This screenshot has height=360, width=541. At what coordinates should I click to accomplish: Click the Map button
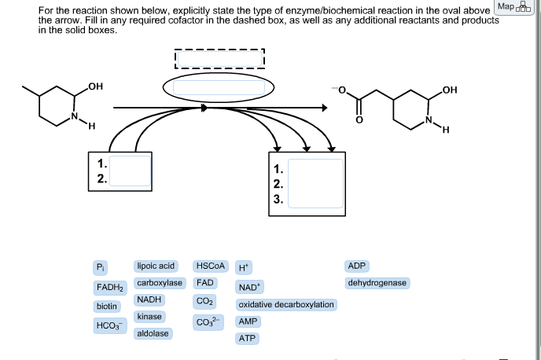513,8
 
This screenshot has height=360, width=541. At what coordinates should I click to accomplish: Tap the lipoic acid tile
156,266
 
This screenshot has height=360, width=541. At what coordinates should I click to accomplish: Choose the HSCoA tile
210,266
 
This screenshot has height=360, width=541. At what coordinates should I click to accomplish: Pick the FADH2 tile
108,287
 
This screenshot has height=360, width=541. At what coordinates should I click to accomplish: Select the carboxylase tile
159,283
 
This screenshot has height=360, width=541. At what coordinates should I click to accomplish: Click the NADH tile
149,300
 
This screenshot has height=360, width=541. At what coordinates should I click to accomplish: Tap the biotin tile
107,306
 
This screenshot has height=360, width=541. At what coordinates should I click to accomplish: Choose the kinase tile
149,317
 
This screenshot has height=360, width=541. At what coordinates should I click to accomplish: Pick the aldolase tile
153,334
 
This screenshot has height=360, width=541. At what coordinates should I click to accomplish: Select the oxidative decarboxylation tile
286,305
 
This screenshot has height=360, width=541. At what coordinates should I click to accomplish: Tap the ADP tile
357,266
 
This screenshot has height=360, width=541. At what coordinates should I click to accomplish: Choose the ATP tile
248,339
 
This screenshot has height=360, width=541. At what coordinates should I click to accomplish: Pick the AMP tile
248,322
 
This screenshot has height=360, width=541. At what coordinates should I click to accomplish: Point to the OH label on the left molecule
96,85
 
